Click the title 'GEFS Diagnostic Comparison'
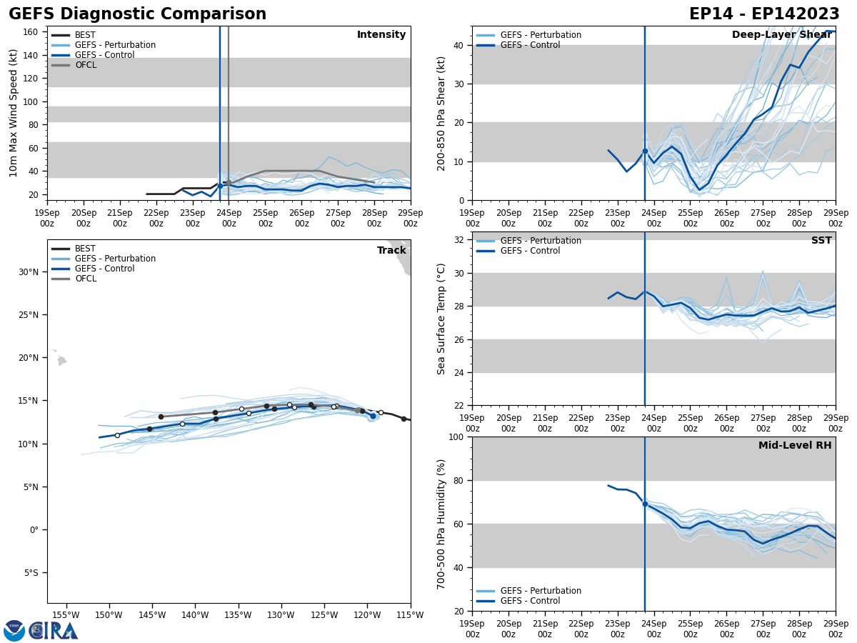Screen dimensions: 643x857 click(137, 14)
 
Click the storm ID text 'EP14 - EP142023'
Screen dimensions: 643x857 click(764, 14)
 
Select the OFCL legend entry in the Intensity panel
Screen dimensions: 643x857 click(85, 65)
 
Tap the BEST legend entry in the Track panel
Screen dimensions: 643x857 click(85, 249)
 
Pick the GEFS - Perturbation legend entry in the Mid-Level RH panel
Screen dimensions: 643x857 click(541, 591)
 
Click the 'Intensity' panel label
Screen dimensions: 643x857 click(381, 35)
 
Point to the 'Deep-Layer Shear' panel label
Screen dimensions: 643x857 click(781, 35)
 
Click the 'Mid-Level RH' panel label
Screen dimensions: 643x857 click(795, 446)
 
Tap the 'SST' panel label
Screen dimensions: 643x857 click(821, 241)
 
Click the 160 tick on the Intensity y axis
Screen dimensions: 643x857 click(31, 32)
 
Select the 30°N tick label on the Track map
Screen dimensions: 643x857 click(28, 272)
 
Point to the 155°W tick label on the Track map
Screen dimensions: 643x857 click(66, 614)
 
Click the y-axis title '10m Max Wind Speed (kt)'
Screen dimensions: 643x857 click(14, 113)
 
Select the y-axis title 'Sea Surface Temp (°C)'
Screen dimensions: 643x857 click(441, 319)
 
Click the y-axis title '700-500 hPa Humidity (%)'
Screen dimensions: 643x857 click(442, 524)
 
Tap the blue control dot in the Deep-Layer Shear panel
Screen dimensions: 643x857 click(645, 151)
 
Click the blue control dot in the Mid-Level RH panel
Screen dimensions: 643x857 click(645, 504)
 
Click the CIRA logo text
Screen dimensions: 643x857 click(54, 631)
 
